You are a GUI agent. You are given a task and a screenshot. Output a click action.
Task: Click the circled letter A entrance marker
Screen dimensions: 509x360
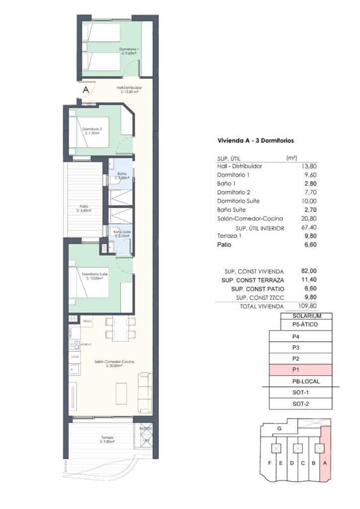[86, 90]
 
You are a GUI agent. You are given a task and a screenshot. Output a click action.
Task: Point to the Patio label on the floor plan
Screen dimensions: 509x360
[84, 207]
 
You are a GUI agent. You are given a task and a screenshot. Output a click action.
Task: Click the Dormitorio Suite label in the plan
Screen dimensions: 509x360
[94, 276]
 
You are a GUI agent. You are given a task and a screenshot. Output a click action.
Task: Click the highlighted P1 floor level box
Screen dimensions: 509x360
[295, 370]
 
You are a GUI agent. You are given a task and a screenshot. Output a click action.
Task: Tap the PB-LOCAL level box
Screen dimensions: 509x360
[303, 381]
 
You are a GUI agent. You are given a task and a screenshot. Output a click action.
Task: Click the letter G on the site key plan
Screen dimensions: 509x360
[279, 428]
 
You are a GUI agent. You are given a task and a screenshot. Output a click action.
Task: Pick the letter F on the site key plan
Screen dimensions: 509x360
[270, 464]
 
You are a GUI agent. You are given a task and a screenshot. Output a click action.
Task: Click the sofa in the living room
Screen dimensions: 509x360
[145, 392]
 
